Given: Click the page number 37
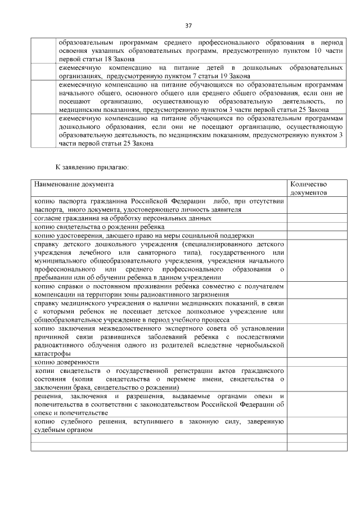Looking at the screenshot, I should point(188,25).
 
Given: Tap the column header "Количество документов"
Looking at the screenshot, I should point(308,188).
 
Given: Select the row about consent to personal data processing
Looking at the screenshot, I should point(123,218).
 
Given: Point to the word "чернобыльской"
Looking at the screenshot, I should point(257,345).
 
